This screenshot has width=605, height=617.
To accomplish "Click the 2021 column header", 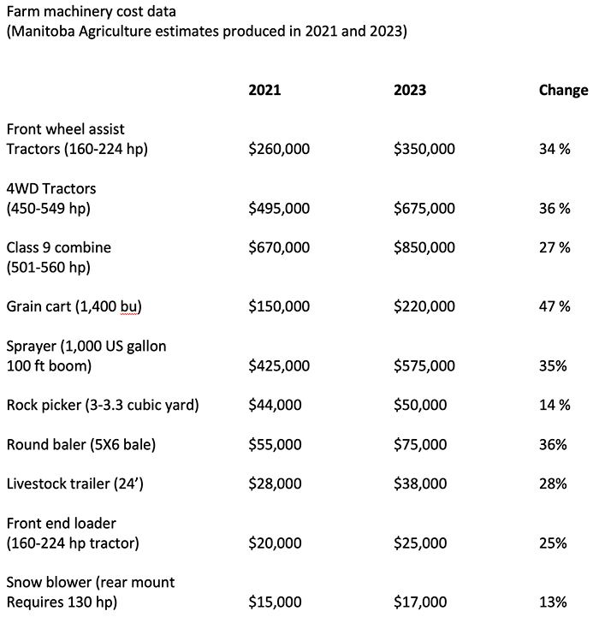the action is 264,90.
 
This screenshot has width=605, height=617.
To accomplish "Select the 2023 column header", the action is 410,90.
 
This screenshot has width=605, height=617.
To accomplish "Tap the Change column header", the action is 563,90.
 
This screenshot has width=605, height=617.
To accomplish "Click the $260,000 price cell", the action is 279,149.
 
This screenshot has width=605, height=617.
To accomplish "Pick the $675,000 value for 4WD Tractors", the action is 424,208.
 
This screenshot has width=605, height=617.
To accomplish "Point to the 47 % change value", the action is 555,306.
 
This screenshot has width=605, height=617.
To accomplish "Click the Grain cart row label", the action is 74,306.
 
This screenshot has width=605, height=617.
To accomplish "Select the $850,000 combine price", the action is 424,247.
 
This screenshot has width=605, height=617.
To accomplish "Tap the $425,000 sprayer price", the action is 279,365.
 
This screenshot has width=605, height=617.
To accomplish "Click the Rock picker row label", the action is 103,405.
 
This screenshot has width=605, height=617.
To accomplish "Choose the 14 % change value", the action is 555,405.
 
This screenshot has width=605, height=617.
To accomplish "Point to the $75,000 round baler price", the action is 420,445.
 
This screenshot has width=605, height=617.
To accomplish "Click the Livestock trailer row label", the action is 74,484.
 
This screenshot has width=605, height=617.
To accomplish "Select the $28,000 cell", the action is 275,484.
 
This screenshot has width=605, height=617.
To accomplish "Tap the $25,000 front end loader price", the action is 420,543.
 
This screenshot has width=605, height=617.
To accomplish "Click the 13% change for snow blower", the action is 553,602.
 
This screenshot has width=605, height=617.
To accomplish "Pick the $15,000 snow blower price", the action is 275,602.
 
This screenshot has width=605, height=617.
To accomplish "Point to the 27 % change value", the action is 555,247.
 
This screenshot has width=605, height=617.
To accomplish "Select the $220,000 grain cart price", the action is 424,306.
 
